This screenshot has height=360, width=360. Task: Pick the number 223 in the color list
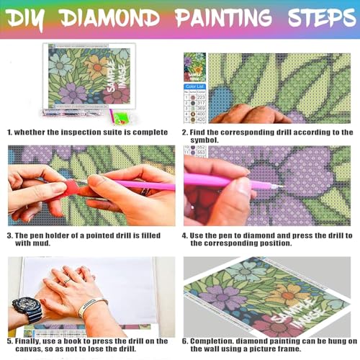[200, 97]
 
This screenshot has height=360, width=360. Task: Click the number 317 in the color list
[200, 103]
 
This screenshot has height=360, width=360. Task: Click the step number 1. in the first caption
[9, 132]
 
